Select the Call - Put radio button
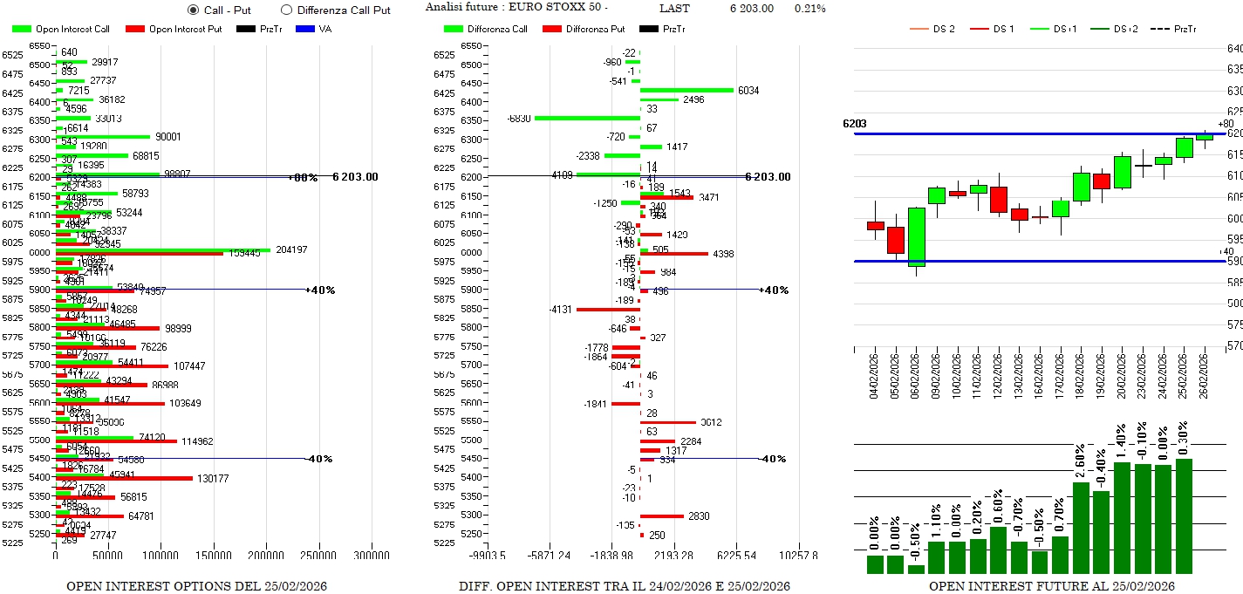pyautogui.click(x=194, y=10)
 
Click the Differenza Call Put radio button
pyautogui.click(x=286, y=10)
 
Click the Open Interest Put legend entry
pyautogui.click(x=165, y=29)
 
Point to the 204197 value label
pyautogui.click(x=293, y=249)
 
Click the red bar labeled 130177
pyautogui.click(x=124, y=478)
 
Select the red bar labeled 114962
pyautogui.click(x=116, y=441)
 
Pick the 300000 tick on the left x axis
pyautogui.click(x=372, y=555)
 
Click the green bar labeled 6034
pyautogui.click(x=686, y=90)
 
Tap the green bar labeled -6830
pyautogui.click(x=587, y=118)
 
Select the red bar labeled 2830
pyautogui.click(x=662, y=516)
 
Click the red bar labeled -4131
pyautogui.click(x=608, y=309)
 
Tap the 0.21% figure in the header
pyautogui.click(x=809, y=9)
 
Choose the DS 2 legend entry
pyautogui.click(x=933, y=29)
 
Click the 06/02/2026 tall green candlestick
pyautogui.click(x=916, y=236)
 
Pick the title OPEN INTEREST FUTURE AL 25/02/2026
pyautogui.click(x=1051, y=586)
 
